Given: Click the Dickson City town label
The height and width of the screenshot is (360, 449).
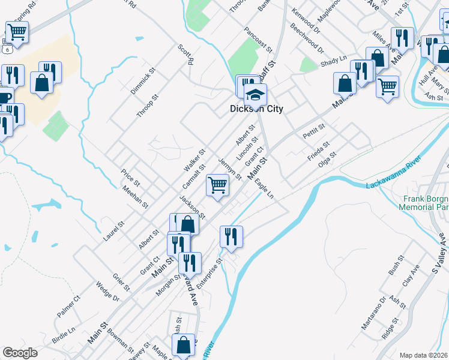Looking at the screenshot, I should (x=256, y=109).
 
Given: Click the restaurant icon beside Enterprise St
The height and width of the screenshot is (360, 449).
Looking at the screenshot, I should (x=231, y=236).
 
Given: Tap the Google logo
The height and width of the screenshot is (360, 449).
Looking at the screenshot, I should (x=20, y=353).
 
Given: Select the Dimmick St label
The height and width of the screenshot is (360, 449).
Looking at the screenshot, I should (x=142, y=80).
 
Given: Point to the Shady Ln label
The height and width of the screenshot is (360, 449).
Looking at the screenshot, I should (x=334, y=62).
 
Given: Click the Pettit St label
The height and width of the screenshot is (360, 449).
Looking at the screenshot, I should (x=313, y=131).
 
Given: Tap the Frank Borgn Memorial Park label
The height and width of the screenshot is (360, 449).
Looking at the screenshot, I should (x=423, y=203).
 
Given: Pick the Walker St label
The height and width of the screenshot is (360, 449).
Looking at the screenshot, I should (x=194, y=161).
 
